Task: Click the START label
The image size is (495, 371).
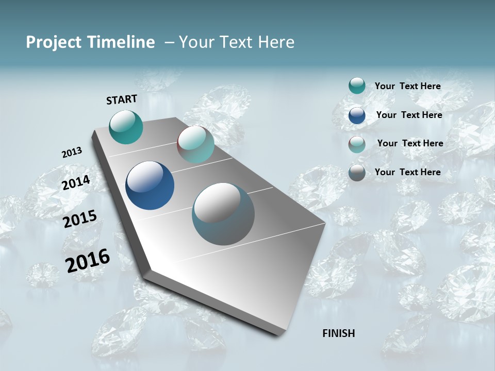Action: pos(122,99)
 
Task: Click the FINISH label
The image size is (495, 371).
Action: pos(339,333)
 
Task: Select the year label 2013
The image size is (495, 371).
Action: pos(72,153)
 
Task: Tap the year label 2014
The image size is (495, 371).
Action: pos(76,182)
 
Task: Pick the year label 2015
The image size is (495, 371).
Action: pos(79,219)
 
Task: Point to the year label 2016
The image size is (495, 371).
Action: pos(88,261)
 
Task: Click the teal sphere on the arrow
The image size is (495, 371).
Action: pos(126,127)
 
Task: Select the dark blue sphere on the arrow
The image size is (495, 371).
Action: pos(150,185)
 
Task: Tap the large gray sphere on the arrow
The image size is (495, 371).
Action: pos(223,214)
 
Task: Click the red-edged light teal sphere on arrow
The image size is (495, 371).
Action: pos(195,144)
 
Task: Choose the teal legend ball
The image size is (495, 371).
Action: pos(357,86)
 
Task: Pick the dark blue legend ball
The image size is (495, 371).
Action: pos(357,115)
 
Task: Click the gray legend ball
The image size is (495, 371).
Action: pos(357,173)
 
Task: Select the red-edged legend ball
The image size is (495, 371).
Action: pos(357,144)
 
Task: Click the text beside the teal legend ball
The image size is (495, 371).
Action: pos(407,87)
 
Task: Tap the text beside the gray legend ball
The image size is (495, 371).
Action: pos(407,172)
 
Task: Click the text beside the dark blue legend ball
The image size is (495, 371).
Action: pos(409,115)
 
